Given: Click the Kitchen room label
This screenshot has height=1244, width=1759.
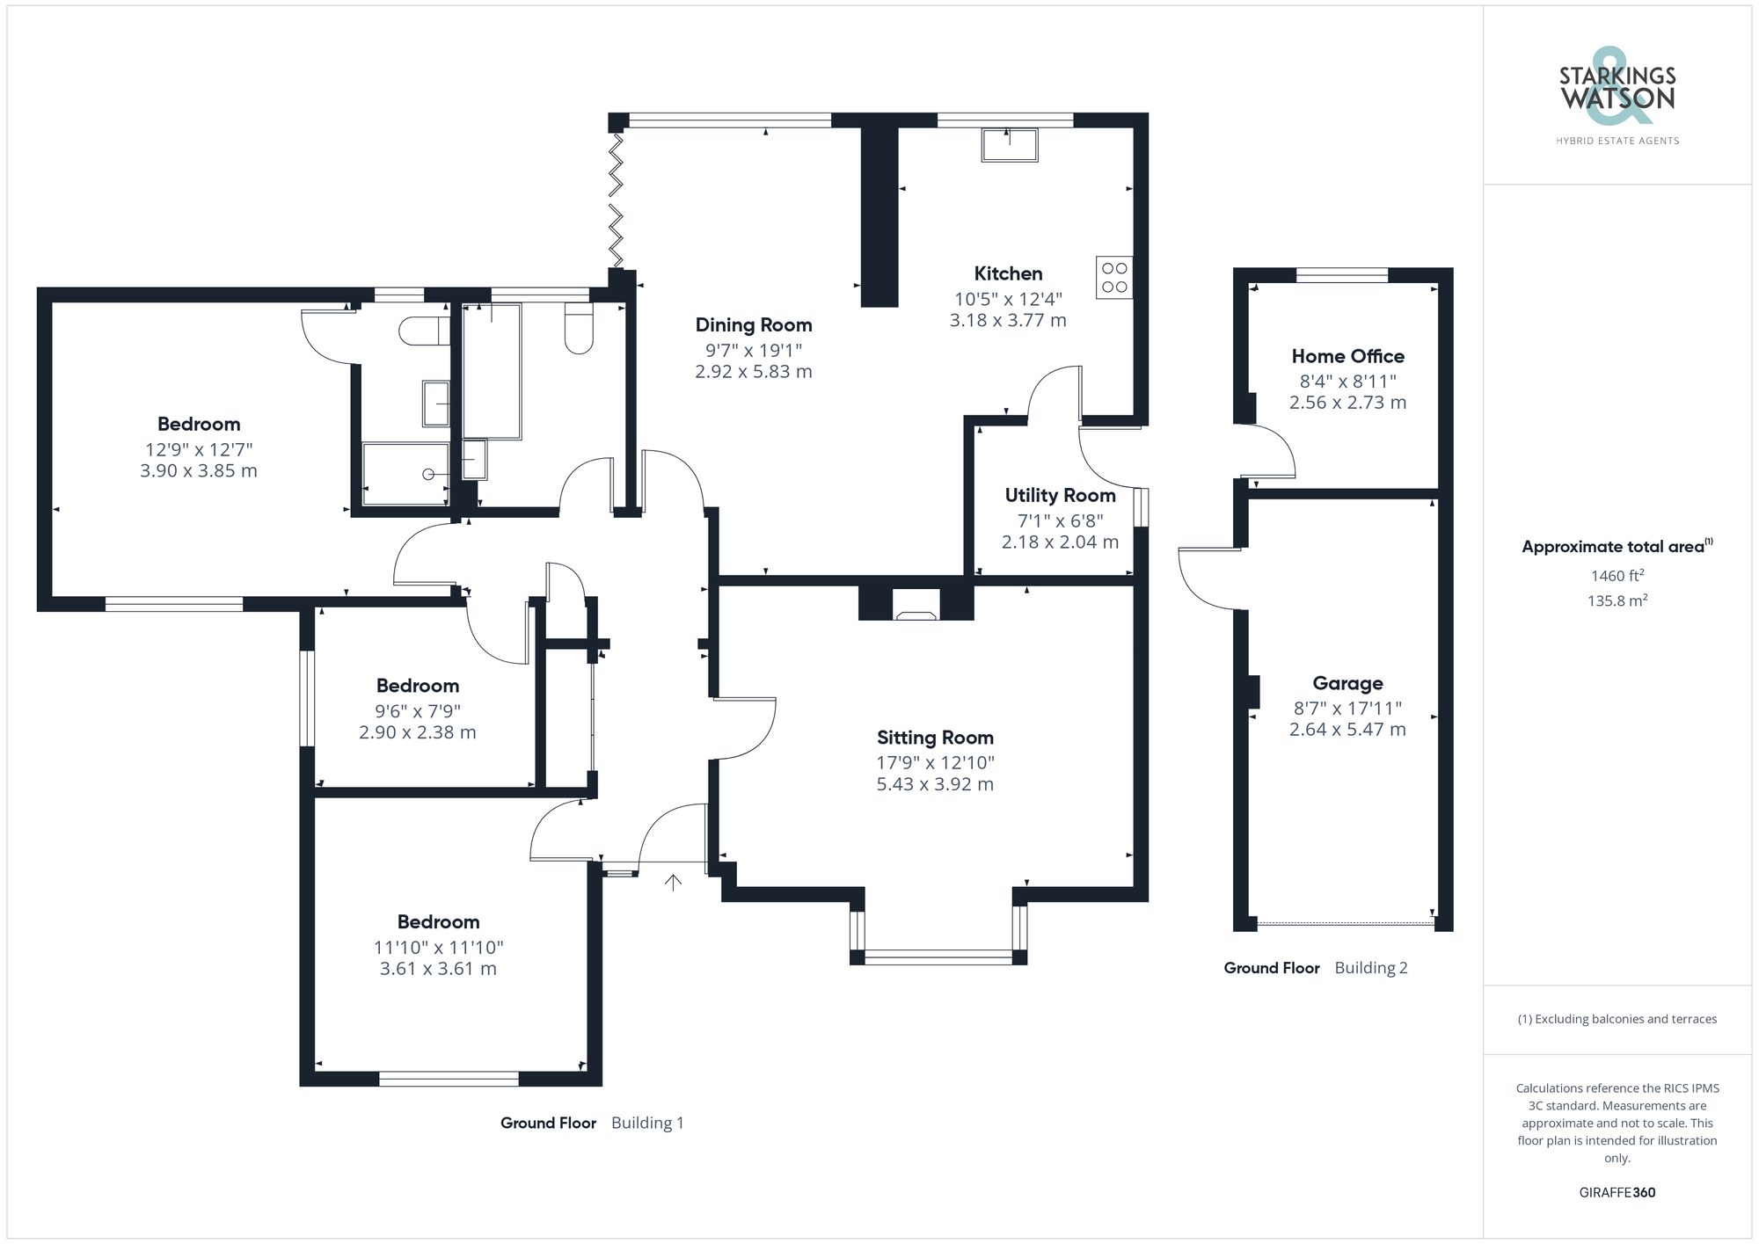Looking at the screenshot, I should click(1008, 273).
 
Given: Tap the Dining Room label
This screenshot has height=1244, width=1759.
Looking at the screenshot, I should click(754, 325).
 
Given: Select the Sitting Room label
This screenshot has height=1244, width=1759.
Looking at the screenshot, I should click(935, 738).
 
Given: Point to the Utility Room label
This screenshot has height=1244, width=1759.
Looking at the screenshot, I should click(1060, 495).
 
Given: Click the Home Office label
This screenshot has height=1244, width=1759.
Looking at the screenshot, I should click(1347, 356).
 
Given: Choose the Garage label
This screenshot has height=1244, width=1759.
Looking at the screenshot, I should click(1347, 683).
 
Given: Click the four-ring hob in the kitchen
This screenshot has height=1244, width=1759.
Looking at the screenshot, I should click(1114, 277).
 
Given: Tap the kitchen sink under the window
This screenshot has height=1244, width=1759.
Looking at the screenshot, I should click(1010, 145).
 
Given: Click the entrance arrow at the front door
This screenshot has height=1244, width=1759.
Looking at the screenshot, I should click(673, 882).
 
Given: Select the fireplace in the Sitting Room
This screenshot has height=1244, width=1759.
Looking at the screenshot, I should click(916, 607).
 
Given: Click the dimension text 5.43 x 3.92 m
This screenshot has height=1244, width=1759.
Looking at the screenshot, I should click(935, 784).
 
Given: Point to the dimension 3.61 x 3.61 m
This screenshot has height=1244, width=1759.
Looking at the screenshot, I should click(438, 969).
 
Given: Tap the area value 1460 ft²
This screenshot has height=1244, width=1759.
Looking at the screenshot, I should click(1617, 576).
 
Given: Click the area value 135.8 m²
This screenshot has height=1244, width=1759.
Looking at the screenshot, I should click(1617, 600).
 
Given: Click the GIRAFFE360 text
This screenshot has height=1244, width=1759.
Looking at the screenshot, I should click(1617, 1192).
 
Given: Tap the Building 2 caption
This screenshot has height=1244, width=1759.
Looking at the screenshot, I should click(1370, 968).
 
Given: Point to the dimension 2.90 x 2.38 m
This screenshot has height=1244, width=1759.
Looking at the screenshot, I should click(417, 732).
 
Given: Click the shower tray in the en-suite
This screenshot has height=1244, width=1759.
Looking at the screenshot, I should click(405, 475).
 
